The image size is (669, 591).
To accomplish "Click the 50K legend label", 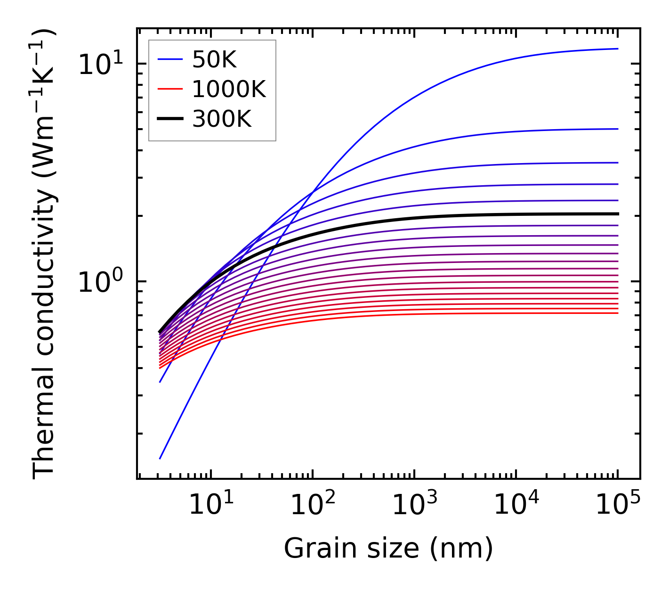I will click(x=214, y=60).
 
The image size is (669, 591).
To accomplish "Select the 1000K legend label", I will click(x=229, y=89).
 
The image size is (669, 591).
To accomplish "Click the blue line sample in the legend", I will click(x=169, y=60).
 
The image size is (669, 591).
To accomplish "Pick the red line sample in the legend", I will click(x=169, y=89).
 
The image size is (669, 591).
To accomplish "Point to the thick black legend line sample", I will click(x=169, y=119).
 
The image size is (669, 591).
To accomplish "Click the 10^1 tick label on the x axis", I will click(x=210, y=506).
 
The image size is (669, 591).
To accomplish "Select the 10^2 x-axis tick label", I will click(x=312, y=506).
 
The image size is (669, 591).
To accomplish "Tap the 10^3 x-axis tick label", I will click(x=414, y=506).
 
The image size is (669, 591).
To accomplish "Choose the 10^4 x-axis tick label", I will click(x=516, y=506).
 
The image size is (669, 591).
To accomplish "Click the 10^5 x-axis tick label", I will click(x=618, y=506).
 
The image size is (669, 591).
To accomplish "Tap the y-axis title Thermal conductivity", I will click(x=44, y=254).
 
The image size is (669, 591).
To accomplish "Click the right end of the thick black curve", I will click(x=617, y=214).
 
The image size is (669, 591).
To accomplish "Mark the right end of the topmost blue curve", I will click(x=617, y=49).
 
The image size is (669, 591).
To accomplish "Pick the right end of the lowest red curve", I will click(x=617, y=313).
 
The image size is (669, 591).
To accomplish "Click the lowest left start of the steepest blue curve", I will click(x=160, y=458).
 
